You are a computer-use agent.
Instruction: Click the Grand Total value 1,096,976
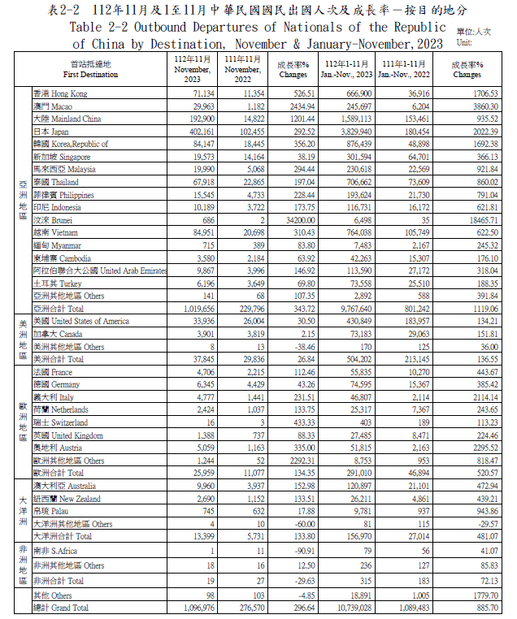[195, 607]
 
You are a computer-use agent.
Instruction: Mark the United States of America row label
[80, 321]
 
